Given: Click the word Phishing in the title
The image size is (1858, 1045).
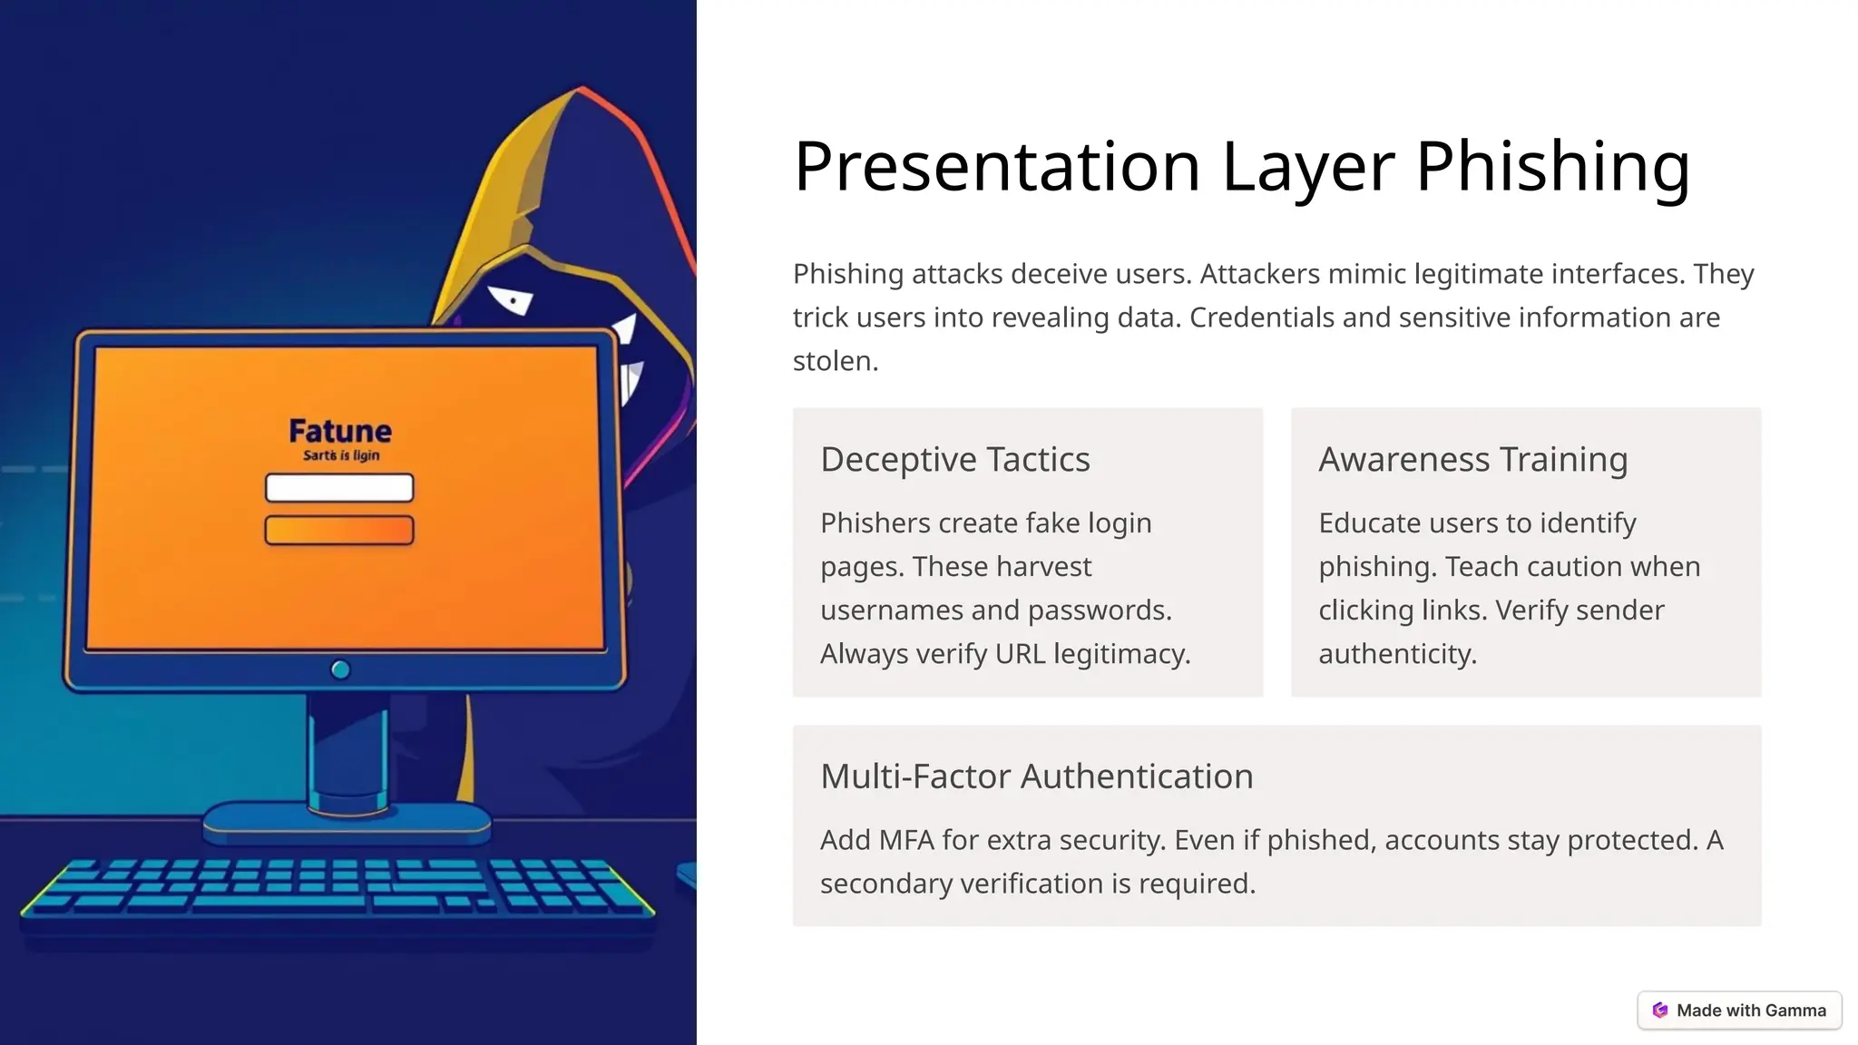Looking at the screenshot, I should click(1552, 167).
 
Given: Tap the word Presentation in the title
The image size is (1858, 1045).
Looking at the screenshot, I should click(997, 167).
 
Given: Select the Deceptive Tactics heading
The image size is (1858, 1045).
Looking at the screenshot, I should click(954, 460).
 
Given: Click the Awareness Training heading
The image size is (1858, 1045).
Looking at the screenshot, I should click(1472, 460).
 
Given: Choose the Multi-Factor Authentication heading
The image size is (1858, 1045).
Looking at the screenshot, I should click(1036, 776).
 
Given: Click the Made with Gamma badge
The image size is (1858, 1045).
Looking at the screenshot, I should click(1739, 1011).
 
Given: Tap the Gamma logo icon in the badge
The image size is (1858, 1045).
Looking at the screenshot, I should click(1660, 1011).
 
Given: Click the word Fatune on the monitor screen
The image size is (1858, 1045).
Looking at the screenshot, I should click(340, 431).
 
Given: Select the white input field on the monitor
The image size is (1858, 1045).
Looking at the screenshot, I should click(339, 488).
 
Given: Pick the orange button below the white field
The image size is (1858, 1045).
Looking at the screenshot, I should click(339, 530).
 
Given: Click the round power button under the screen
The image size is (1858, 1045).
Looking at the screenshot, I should click(340, 669).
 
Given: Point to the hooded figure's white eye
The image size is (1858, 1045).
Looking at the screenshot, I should click(511, 299).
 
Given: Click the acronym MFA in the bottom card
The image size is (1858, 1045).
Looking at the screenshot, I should click(906, 841).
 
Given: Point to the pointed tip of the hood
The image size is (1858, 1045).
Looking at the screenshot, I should click(582, 89).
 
